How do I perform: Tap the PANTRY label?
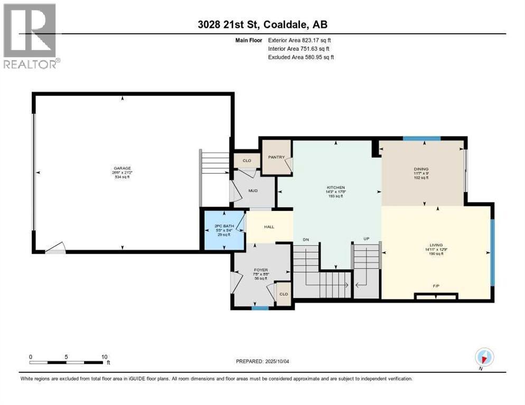pyautogui.click(x=276, y=157)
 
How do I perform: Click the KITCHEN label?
pyautogui.click(x=335, y=187)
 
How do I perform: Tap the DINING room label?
pyautogui.click(x=421, y=169)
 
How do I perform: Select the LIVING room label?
pyautogui.click(x=436, y=245)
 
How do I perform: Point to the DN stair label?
pyautogui.click(x=305, y=239)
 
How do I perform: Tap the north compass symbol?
pyautogui.click(x=484, y=357)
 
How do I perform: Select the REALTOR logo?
pyautogui.click(x=31, y=36)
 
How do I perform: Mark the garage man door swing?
pyautogui.click(x=55, y=247)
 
